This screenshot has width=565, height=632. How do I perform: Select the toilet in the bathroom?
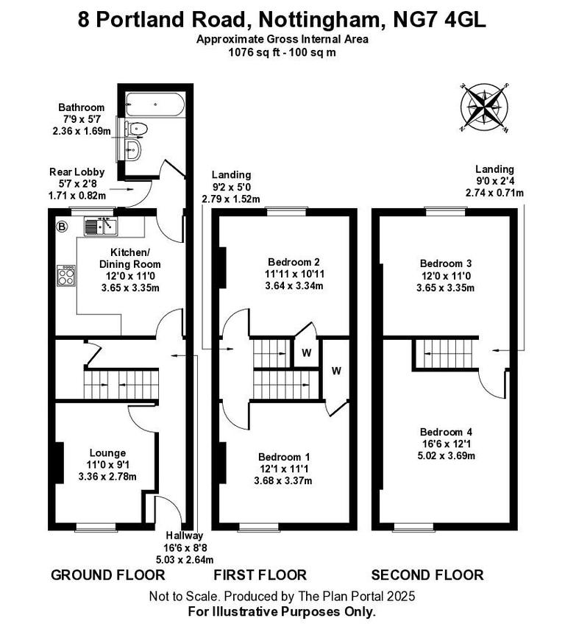[x=136, y=129]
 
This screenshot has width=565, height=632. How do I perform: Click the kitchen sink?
[x=102, y=226]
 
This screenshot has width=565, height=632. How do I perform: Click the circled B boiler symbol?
[x=62, y=227]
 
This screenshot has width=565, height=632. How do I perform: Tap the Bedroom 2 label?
[x=294, y=262]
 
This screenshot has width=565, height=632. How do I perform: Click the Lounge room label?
[x=107, y=452]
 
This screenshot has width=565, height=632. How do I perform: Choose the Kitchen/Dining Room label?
[x=131, y=258]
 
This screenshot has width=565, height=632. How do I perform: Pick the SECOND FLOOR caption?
[x=427, y=575]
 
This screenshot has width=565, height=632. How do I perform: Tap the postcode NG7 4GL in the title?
[x=440, y=18]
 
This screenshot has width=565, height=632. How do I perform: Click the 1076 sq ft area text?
[x=250, y=52]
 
